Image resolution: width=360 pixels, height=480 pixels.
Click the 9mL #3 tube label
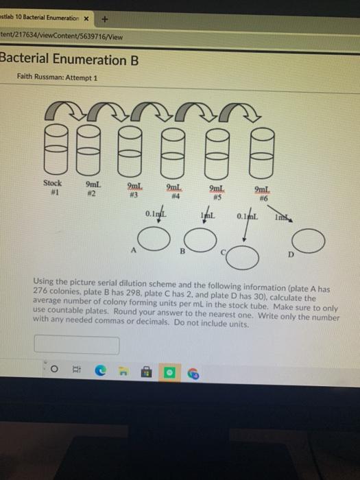135,190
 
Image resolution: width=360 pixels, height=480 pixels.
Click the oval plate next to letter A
152,239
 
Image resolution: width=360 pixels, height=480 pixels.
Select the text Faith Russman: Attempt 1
58,77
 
